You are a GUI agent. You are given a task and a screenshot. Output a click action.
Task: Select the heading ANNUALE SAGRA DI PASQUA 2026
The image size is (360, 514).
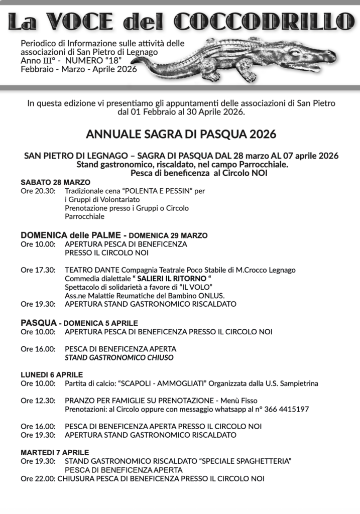(181, 134)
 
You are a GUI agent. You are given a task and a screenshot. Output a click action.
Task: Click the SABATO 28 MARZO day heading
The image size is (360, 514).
(55, 182)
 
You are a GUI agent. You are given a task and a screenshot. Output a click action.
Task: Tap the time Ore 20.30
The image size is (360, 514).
(38, 191)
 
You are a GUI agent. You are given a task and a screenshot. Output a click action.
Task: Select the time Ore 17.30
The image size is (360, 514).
(38, 270)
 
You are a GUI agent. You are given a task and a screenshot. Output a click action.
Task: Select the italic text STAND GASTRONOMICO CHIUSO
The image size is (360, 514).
(119, 357)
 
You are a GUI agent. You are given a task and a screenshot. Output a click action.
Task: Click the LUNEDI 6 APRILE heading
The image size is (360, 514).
(52, 374)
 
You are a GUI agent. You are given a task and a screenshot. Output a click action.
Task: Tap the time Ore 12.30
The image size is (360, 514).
(38, 401)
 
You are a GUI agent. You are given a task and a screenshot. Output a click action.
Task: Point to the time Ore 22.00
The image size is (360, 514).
(38, 478)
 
